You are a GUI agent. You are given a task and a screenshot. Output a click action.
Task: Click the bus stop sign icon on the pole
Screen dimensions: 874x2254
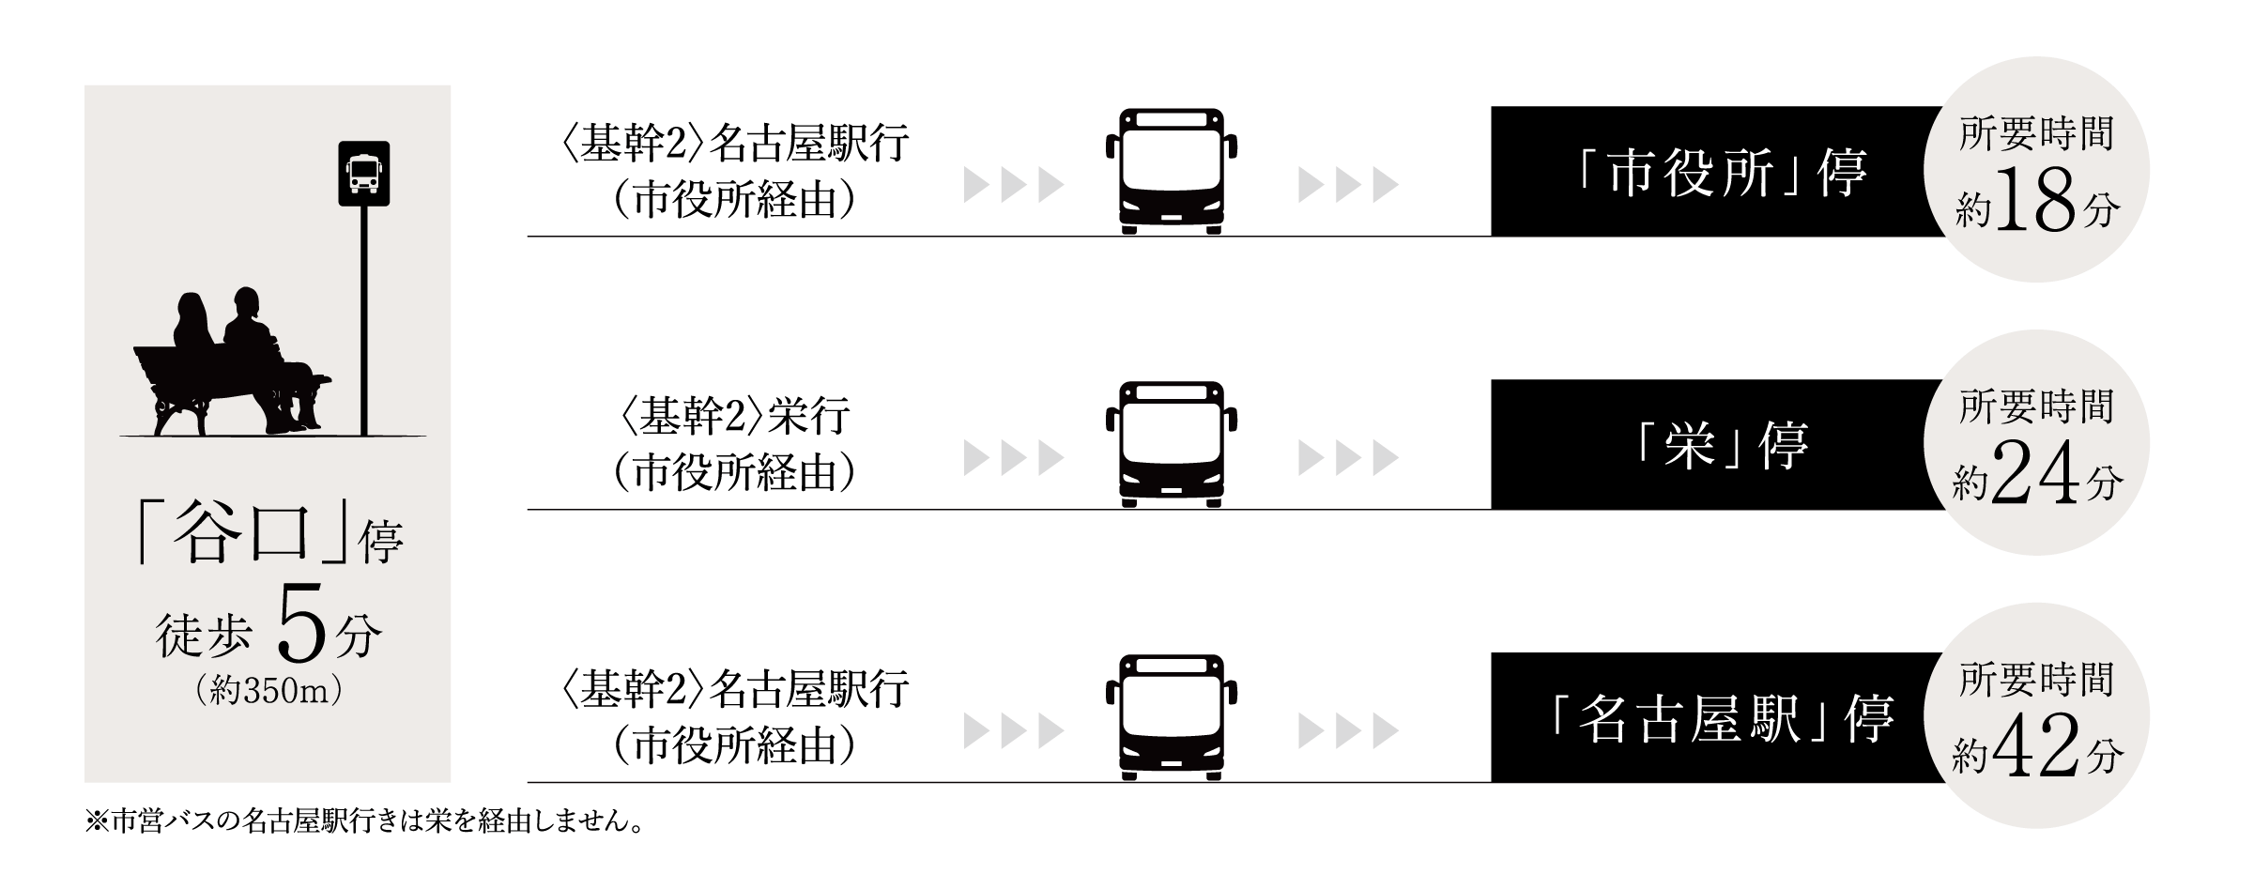pos(363,174)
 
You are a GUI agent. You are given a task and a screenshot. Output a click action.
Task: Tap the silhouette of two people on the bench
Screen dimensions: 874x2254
pos(235,361)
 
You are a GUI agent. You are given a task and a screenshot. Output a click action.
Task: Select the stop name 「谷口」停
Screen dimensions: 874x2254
pos(268,537)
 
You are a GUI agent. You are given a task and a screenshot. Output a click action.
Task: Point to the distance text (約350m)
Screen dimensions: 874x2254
pos(268,691)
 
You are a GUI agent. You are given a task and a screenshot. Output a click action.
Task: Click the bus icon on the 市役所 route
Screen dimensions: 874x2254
pos(1171,171)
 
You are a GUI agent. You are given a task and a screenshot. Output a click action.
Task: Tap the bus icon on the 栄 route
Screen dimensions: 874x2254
pos(1171,444)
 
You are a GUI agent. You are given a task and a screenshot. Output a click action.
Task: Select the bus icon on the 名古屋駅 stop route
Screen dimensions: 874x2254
pos(1171,717)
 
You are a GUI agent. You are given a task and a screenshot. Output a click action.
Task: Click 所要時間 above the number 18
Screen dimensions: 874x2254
pos(2035,134)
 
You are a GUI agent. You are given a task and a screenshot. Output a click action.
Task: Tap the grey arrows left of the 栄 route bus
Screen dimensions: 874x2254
pos(1013,458)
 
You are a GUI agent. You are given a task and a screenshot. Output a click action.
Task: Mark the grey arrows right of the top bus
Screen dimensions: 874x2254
pos(1348,185)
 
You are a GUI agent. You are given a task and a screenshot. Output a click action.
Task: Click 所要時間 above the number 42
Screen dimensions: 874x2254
pos(2035,681)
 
